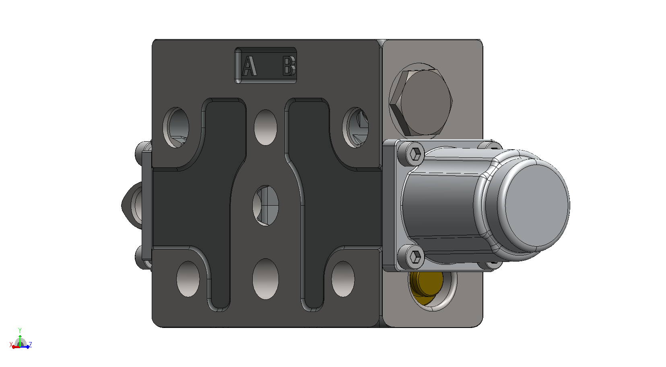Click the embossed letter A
[249, 66]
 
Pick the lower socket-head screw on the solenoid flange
[415, 256]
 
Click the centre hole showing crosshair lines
[266, 206]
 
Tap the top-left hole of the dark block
[176, 127]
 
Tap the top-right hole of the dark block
[355, 127]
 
